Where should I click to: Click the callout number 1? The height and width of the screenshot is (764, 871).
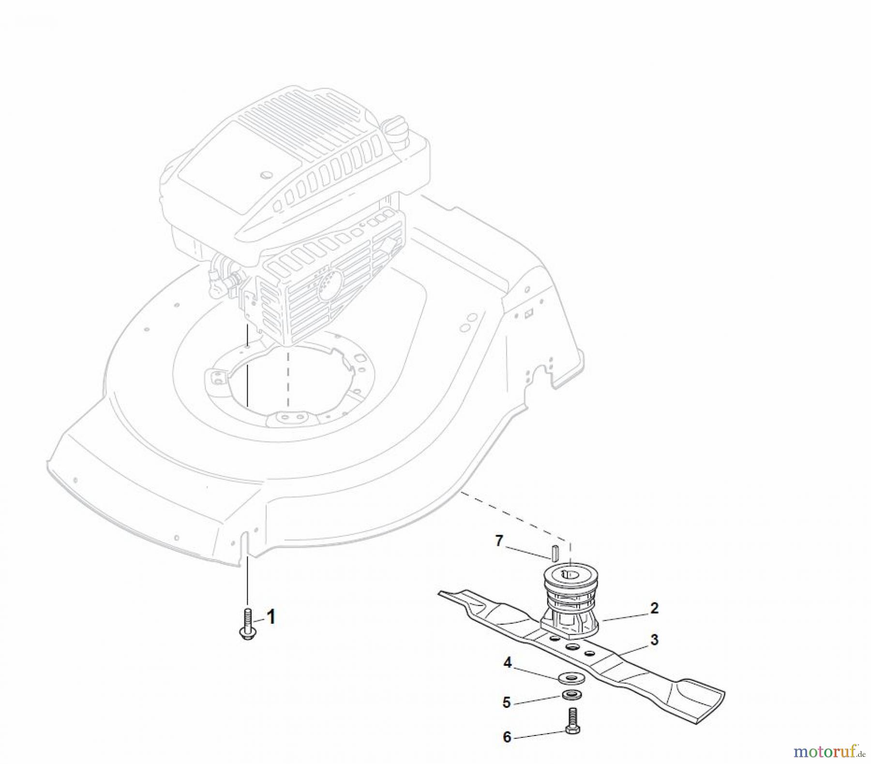pos(271,617)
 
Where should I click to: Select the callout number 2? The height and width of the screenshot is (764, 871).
pos(654,608)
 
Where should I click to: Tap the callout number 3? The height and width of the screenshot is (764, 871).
pos(654,640)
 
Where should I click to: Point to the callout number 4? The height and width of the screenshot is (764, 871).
pos(507,662)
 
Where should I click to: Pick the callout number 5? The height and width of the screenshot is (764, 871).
pos(507,702)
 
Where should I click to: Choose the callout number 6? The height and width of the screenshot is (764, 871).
pos(507,737)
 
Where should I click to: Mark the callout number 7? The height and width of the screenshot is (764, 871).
pos(499,540)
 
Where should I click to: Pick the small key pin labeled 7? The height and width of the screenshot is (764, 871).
pos(556,552)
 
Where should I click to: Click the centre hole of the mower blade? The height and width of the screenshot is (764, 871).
pos(572,647)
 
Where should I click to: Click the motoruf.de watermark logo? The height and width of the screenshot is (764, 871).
pos(828,751)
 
